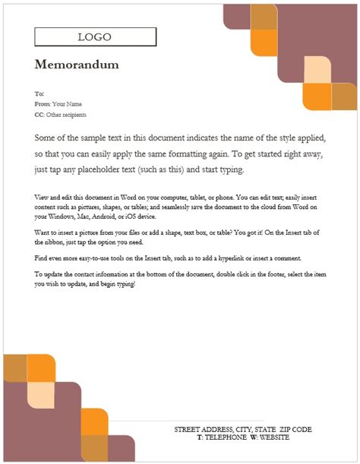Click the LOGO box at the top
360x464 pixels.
[95, 37]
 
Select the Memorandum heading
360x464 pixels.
[77, 65]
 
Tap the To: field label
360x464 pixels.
[39, 93]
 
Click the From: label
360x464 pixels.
[42, 104]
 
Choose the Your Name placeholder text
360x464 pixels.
[67, 104]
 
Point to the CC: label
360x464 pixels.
[39, 115]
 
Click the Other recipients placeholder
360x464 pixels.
[66, 115]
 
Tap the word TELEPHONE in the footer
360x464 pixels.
[226, 437]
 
